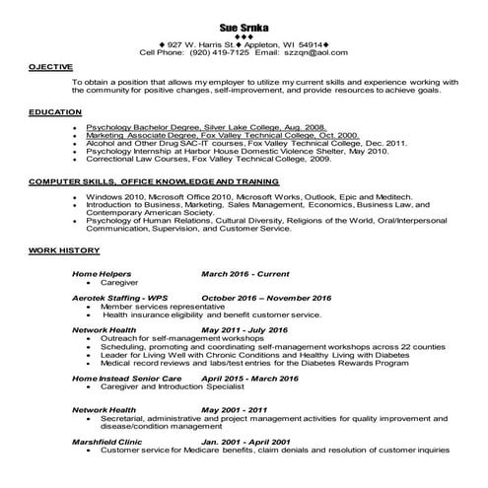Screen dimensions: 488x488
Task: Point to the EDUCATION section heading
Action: tap(55, 112)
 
